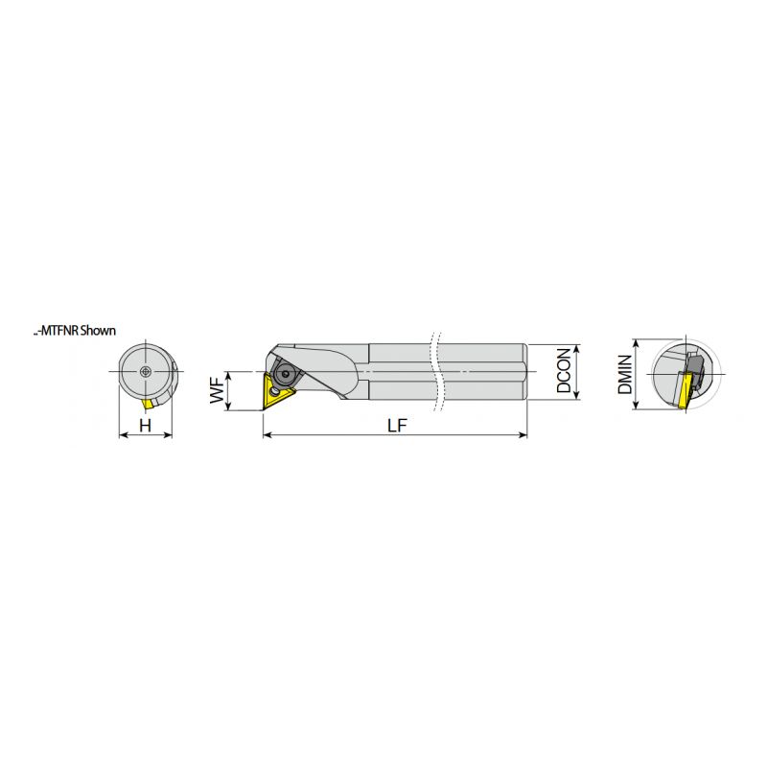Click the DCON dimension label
pyautogui.click(x=564, y=370)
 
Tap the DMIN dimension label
pyautogui.click(x=625, y=375)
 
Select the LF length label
pyautogui.click(x=397, y=426)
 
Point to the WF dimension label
pyautogui.click(x=217, y=390)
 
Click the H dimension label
pyautogui.click(x=146, y=426)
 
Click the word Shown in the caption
pyautogui.click(x=98, y=331)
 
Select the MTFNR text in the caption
pyautogui.click(x=58, y=331)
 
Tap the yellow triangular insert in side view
pyautogui.click(x=277, y=392)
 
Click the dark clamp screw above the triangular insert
pyautogui.click(x=284, y=374)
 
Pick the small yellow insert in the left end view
pyautogui.click(x=149, y=404)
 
